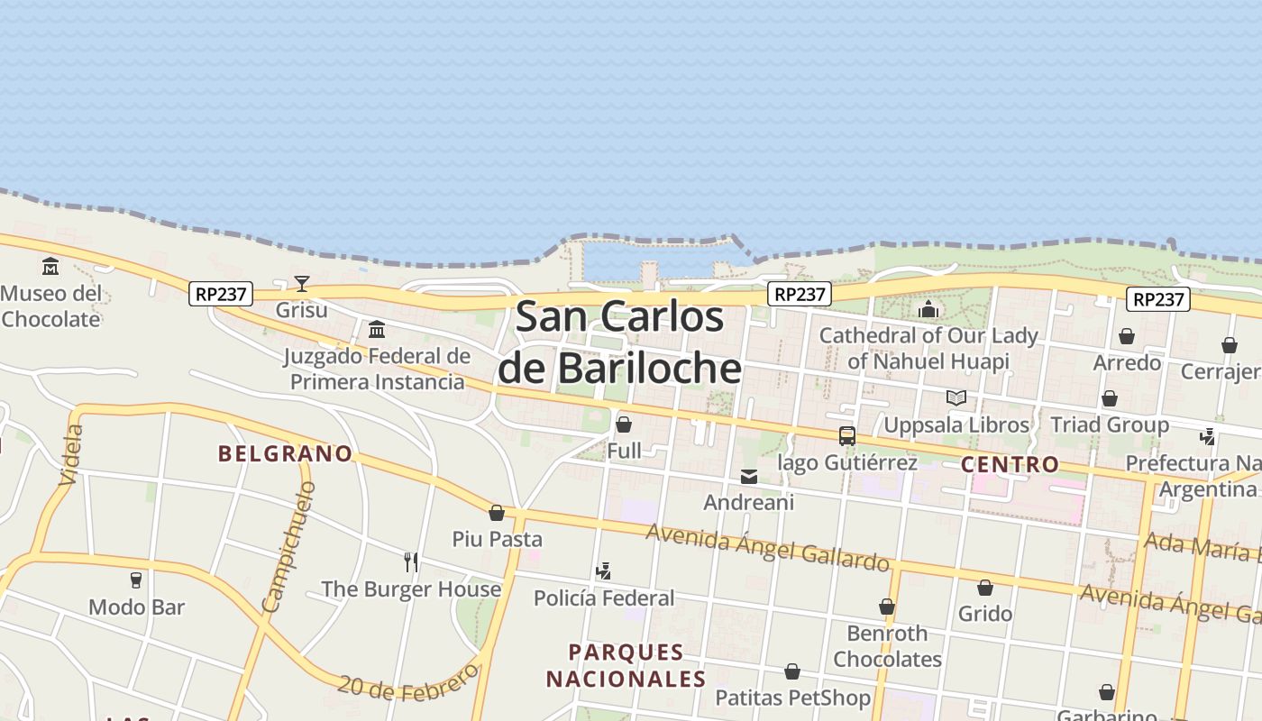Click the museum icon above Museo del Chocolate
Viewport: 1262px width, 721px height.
pyautogui.click(x=50, y=267)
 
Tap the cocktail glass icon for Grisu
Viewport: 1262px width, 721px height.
pyautogui.click(x=302, y=284)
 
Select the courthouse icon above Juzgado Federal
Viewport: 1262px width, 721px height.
pyautogui.click(x=377, y=329)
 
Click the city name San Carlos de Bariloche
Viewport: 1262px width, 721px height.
pyautogui.click(x=620, y=342)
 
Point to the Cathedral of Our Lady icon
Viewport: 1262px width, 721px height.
pyautogui.click(x=928, y=310)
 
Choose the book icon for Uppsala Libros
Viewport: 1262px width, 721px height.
pyautogui.click(x=956, y=397)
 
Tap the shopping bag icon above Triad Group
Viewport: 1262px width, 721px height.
pyautogui.click(x=1110, y=398)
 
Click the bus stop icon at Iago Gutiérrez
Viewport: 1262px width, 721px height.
pyautogui.click(x=846, y=436)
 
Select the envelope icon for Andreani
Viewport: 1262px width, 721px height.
pyautogui.click(x=749, y=477)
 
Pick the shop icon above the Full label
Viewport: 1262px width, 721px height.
pyautogui.click(x=623, y=424)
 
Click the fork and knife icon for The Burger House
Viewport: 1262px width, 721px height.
pyautogui.click(x=411, y=562)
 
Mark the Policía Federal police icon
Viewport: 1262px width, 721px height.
pyautogui.click(x=604, y=571)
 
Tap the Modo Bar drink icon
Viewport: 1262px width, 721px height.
pyautogui.click(x=136, y=580)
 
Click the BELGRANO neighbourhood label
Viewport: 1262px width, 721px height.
pyautogui.click(x=285, y=453)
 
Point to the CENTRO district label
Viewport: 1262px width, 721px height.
pyautogui.click(x=1010, y=465)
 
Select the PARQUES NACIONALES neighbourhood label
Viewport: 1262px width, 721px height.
pyautogui.click(x=626, y=665)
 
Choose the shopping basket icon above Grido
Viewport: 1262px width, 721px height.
pyautogui.click(x=985, y=588)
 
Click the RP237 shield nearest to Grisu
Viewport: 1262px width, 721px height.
pyautogui.click(x=221, y=293)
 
